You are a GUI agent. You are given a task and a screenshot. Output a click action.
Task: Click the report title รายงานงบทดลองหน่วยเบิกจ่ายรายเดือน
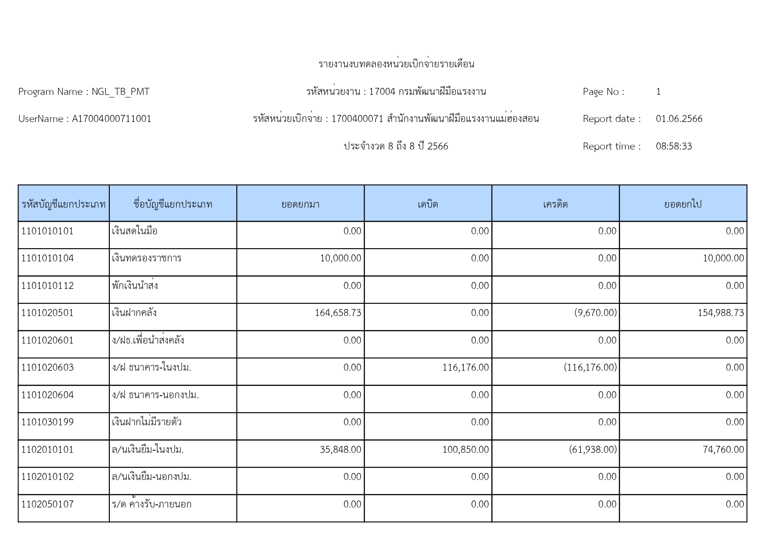coord(396,64)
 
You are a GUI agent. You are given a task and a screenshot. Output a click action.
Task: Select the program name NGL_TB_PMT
coord(120,92)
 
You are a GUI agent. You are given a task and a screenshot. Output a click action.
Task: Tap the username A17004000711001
coord(111,119)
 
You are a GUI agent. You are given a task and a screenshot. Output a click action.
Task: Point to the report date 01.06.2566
coord(679,119)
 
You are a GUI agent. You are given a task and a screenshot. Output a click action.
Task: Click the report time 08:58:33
coord(673,146)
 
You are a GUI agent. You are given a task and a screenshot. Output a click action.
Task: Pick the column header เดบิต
coord(428,204)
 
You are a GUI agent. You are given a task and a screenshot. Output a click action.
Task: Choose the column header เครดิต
coord(555,204)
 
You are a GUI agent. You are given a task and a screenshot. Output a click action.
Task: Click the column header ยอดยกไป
coord(683,204)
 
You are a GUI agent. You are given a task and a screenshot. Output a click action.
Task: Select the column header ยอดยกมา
coord(300,204)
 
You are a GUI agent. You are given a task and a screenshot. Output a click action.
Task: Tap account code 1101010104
coord(48,258)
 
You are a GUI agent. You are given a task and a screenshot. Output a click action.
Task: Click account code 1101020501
coord(48,313)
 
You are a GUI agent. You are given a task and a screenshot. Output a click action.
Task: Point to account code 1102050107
coord(48,504)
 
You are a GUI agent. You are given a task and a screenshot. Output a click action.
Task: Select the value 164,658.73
coord(338,313)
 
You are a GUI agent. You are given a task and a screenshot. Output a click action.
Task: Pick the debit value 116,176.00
coord(465,368)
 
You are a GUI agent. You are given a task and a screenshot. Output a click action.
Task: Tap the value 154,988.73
coord(720,313)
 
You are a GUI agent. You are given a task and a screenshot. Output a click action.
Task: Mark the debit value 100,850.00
coord(465,450)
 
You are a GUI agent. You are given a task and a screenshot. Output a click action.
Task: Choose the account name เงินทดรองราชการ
coord(146,258)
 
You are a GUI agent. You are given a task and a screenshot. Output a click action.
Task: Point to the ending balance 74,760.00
coord(723,450)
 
